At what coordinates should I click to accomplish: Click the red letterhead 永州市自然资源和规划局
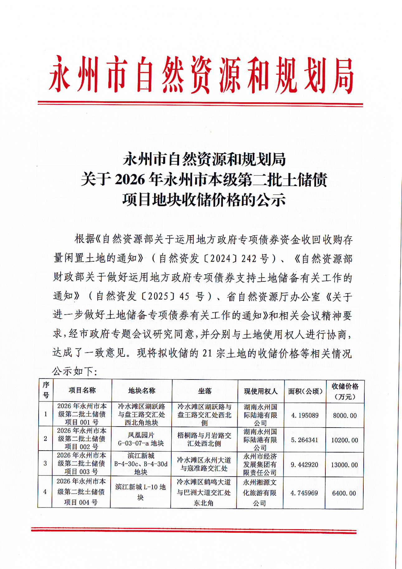201,75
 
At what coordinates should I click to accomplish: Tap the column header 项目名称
82,390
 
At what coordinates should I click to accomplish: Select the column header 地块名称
142,391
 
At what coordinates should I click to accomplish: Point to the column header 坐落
205,391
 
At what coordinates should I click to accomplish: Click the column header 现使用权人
261,391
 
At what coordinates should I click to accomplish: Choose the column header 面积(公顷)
305,391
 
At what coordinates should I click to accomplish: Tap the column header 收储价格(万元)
345,391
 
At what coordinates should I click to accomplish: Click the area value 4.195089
305,415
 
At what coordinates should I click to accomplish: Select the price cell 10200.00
344,440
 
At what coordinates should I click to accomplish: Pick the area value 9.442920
304,465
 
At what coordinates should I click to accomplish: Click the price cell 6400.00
344,493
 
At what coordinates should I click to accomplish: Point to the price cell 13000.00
344,465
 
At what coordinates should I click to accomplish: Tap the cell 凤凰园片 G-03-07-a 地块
141,439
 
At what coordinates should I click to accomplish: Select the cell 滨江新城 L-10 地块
140,492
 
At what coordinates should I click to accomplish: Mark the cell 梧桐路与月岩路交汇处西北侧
204,439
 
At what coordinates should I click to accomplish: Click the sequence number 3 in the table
45,463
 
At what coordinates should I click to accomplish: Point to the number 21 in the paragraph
207,353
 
